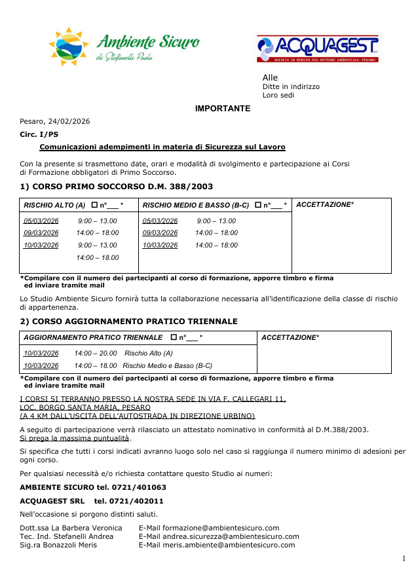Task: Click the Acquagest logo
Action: [x=317, y=49]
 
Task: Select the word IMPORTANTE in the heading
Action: [x=223, y=109]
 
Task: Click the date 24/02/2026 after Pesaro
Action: [x=69, y=121]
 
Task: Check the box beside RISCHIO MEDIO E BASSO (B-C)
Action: [x=258, y=206]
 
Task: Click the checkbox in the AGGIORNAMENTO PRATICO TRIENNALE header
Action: [x=174, y=338]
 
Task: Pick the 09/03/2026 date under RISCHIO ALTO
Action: [x=41, y=233]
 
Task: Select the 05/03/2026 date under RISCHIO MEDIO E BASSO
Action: [x=160, y=221]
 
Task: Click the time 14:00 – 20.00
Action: [x=96, y=354]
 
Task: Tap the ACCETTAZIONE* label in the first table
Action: [x=325, y=205]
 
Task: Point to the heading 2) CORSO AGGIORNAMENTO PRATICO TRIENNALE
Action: [x=128, y=322]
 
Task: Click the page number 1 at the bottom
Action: [x=404, y=558]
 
